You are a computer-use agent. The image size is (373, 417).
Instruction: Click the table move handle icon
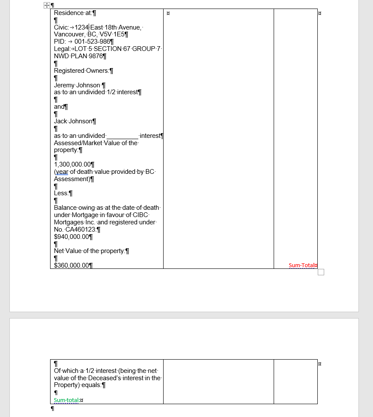[x=46, y=6]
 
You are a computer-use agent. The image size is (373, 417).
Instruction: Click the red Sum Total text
[x=301, y=265]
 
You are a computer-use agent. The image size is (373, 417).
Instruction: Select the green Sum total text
[x=67, y=400]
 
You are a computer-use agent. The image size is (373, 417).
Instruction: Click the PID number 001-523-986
[x=92, y=42]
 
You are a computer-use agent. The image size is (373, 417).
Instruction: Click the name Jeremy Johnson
[x=77, y=85]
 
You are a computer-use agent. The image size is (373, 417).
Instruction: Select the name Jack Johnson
[x=73, y=121]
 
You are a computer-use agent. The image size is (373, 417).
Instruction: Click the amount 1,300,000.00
[x=72, y=164]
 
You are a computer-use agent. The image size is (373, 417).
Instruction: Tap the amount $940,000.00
[x=71, y=236]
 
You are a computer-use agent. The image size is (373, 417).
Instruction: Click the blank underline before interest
[x=122, y=136]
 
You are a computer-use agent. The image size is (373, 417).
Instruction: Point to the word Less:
[x=61, y=193]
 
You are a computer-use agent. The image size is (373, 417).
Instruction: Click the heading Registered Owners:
[x=81, y=71]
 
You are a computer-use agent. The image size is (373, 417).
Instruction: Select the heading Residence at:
[x=73, y=13]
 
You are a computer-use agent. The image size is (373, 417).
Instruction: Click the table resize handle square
[x=321, y=272]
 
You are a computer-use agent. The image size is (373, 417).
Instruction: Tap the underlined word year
[x=62, y=172]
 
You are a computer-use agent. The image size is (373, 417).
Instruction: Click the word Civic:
[x=61, y=27]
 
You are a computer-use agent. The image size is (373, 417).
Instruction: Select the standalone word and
[x=59, y=107]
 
